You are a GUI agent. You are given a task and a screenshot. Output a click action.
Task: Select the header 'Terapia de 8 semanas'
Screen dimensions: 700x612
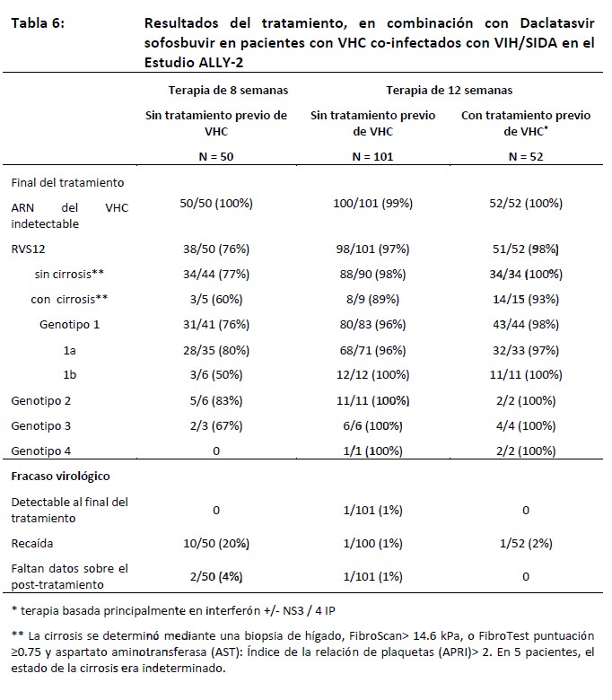click(x=215, y=90)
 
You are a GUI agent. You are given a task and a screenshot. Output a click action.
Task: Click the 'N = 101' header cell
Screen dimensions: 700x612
click(x=372, y=155)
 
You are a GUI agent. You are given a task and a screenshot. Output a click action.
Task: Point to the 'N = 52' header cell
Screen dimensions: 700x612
click(x=525, y=155)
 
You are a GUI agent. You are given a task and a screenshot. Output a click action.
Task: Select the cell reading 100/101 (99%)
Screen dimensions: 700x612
click(x=372, y=204)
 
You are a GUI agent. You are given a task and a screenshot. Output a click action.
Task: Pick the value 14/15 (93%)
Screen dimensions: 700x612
click(x=525, y=298)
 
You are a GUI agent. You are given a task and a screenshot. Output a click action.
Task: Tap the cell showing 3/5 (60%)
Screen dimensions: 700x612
click(x=215, y=298)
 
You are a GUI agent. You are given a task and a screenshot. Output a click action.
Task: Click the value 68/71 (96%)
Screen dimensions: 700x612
click(x=372, y=347)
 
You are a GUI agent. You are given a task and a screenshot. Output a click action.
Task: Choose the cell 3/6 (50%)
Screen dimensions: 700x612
click(x=215, y=373)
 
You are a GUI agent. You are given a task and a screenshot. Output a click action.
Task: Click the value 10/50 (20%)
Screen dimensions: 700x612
click(x=215, y=544)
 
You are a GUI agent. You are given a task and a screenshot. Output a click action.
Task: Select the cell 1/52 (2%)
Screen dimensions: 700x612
click(x=525, y=544)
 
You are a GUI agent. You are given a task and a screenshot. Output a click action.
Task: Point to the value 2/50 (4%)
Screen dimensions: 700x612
click(x=215, y=577)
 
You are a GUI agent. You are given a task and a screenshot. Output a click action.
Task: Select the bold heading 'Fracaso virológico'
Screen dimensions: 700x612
click(x=60, y=476)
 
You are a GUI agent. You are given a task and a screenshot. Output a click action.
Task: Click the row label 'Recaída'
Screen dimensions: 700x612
click(x=31, y=544)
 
